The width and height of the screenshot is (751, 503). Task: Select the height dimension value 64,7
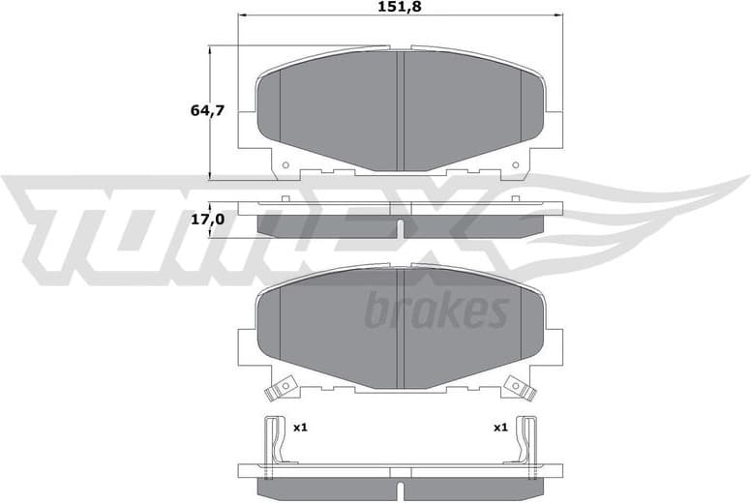point(207,111)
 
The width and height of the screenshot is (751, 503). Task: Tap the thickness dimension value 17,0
point(207,220)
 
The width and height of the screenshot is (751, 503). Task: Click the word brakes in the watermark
point(436,311)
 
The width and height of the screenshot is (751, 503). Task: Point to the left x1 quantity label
point(300,427)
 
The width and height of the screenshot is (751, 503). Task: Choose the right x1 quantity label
point(500,427)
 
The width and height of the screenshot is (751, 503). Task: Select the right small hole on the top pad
point(517,165)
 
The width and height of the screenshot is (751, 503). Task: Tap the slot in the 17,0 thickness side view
point(401,227)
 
